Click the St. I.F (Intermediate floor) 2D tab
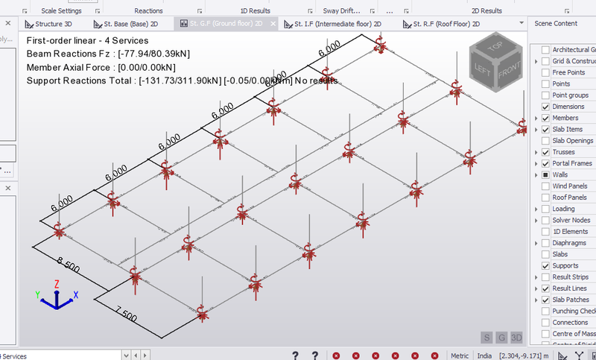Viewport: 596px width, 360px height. [337, 24]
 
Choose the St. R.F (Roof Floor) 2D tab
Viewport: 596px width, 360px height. [442, 24]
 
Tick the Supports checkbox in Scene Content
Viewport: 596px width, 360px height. [546, 266]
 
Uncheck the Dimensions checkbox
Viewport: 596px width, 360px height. [546, 107]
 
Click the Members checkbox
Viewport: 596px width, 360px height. [546, 118]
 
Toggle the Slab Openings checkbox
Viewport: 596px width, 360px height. [546, 141]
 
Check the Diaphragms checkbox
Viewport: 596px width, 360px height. [546, 243]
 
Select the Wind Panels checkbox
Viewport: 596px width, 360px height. [546, 186]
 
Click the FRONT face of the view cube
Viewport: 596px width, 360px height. [509, 72]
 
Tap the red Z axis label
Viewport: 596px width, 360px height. [57, 284]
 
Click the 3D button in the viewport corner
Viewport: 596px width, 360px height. [516, 338]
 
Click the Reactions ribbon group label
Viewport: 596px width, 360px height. [148, 11]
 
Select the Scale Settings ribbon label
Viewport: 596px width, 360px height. [61, 11]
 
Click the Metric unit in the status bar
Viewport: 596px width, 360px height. [460, 356]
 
